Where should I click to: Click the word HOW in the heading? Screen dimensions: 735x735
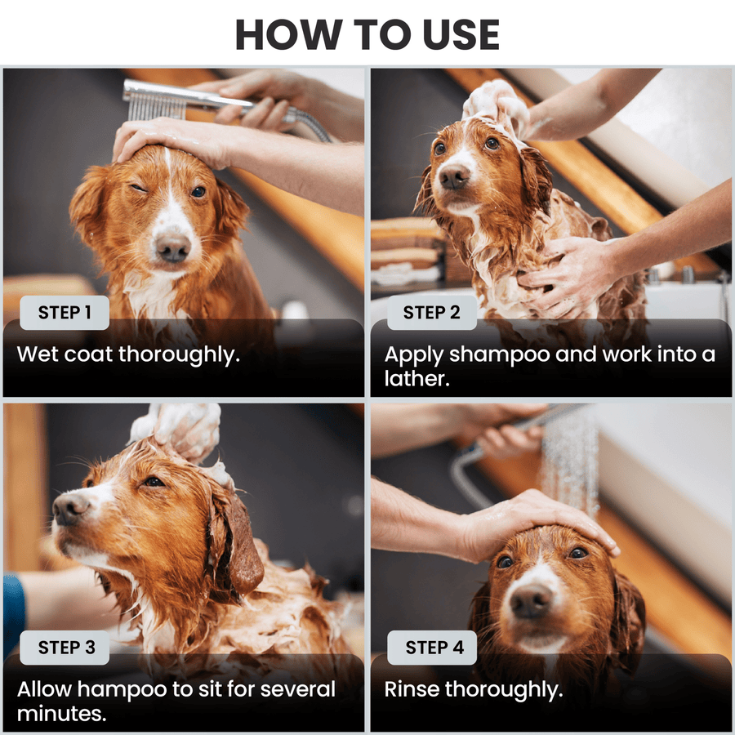pyautogui.click(x=282, y=34)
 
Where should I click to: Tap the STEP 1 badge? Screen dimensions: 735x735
pyautogui.click(x=65, y=312)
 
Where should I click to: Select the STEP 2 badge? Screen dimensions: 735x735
pyautogui.click(x=432, y=312)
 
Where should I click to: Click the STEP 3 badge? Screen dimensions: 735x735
pyautogui.click(x=66, y=648)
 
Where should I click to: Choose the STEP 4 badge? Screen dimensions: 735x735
pyautogui.click(x=434, y=648)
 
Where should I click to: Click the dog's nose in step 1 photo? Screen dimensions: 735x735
pyautogui.click(x=173, y=247)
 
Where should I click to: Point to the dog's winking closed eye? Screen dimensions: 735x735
pyautogui.click(x=143, y=187)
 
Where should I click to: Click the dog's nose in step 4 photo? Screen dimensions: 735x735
pyautogui.click(x=531, y=603)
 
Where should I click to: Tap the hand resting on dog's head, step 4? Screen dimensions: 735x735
pyautogui.click(x=523, y=523)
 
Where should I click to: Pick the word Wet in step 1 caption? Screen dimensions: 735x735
pyautogui.click(x=35, y=355)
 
